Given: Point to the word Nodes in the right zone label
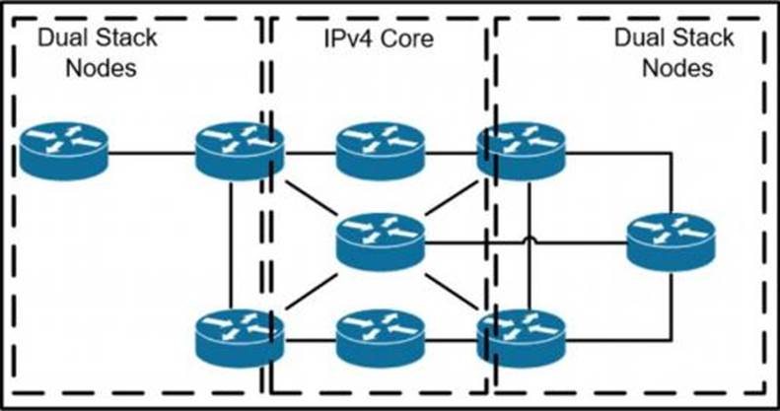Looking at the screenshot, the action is point(677,68).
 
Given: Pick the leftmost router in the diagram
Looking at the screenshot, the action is point(64,151).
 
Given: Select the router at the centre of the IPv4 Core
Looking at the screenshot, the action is point(381,242).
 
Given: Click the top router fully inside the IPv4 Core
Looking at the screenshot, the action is point(381,151).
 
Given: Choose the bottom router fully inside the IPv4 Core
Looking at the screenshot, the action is point(381,338).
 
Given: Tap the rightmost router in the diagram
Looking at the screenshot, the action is point(672,242).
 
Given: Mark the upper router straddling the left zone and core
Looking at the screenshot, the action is point(240,151).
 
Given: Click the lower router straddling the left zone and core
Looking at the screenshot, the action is point(240,338).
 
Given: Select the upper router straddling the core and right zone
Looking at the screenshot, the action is point(522,151).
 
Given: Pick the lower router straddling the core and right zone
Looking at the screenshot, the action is point(522,338).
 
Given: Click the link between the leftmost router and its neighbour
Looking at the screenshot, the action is point(152,153).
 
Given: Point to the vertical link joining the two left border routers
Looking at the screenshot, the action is point(232,246).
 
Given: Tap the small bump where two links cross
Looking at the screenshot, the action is point(530,240).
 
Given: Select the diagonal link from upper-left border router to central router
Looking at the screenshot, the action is point(312,198).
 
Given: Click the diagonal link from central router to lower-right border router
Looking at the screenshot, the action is point(451,291).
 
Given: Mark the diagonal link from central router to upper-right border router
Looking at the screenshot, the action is point(451,198).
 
